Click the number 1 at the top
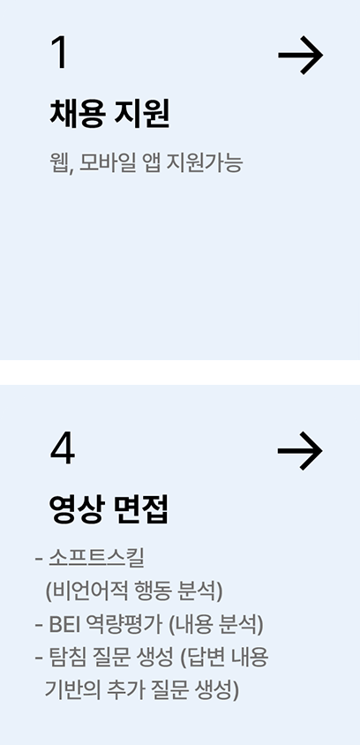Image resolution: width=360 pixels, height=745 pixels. point(60,53)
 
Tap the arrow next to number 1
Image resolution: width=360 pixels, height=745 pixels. point(300,55)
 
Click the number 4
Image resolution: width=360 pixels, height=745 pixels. point(63,449)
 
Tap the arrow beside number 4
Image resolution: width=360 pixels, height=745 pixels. point(300,451)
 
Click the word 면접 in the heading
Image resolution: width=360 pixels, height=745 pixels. point(141,510)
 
